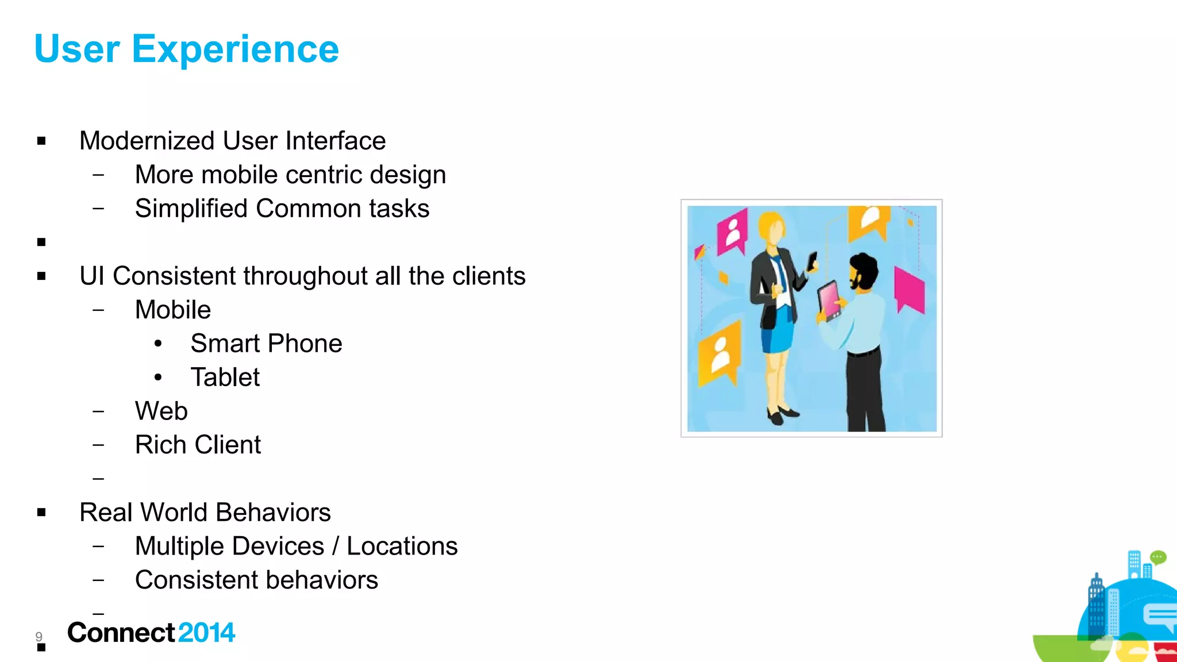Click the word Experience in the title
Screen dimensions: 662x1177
[x=235, y=49]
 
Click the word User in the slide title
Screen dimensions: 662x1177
[x=77, y=49]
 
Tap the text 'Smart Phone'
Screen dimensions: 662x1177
[x=266, y=344]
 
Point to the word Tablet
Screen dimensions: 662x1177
[x=225, y=378]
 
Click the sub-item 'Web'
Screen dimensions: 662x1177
[x=161, y=411]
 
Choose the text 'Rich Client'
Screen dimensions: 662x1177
[x=198, y=445]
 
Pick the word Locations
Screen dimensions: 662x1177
[x=402, y=546]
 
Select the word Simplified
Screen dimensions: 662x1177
[x=191, y=209]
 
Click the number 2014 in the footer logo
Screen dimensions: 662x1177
[x=206, y=633]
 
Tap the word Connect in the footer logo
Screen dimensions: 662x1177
[x=121, y=633]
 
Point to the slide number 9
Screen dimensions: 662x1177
[x=39, y=636]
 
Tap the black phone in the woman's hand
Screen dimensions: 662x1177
[x=813, y=261]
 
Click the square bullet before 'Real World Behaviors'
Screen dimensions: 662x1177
[x=41, y=513]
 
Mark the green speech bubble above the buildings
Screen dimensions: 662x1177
[x=1157, y=557]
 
